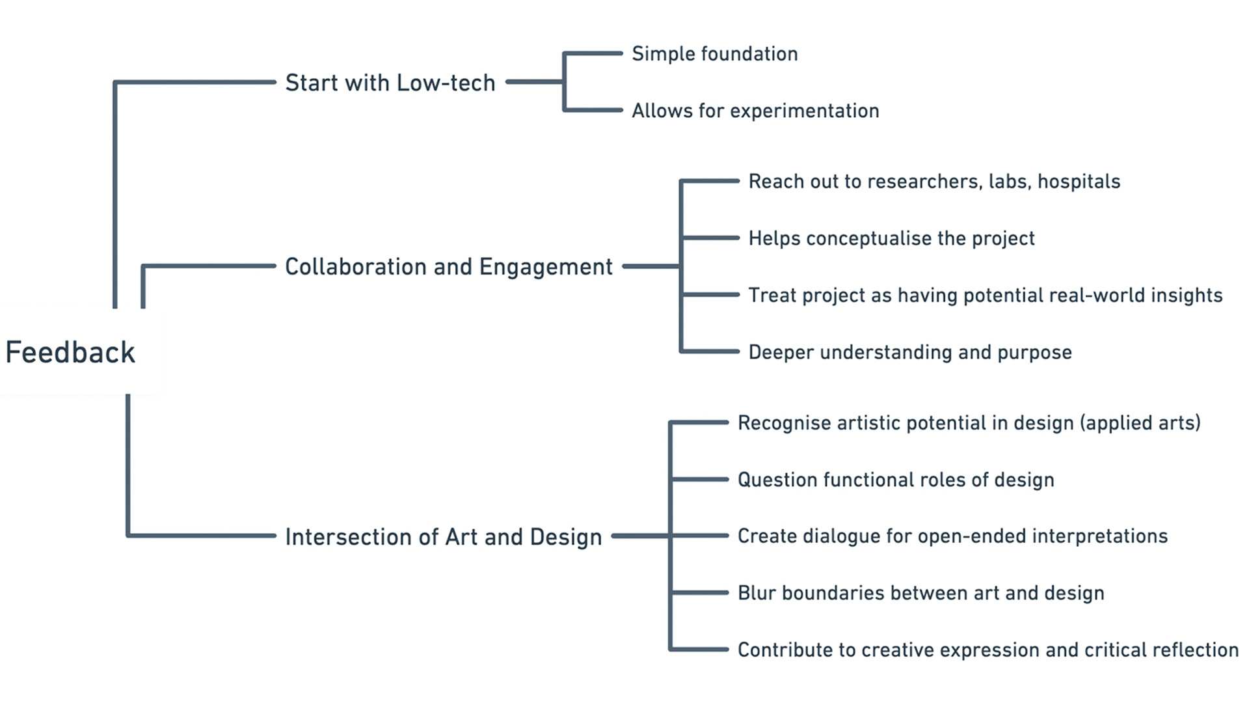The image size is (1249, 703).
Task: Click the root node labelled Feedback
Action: point(70,352)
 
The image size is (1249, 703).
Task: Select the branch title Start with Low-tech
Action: point(390,83)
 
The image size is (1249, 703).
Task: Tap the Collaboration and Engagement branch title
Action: point(449,267)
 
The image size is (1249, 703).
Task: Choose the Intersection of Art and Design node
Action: point(444,537)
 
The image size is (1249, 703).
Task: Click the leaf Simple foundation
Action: point(714,53)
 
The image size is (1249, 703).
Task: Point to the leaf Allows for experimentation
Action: point(755,111)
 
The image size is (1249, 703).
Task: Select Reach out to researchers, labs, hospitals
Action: point(934,181)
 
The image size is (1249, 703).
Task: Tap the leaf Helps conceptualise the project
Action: point(891,238)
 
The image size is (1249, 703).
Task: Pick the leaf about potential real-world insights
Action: point(985,296)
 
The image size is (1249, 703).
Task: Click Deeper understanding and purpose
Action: point(910,352)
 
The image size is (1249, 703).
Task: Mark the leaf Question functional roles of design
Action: point(896,480)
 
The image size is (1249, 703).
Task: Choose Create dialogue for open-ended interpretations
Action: point(952,536)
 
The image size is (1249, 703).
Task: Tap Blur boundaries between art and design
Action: point(920,593)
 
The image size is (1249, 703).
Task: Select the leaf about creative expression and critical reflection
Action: point(987,650)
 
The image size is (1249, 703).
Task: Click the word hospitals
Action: point(1079,181)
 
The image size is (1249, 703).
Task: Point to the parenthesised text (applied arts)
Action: point(1140,423)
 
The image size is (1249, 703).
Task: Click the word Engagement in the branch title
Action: point(546,267)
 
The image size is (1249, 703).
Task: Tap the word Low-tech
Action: point(446,83)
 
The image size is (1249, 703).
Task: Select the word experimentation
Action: point(805,111)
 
